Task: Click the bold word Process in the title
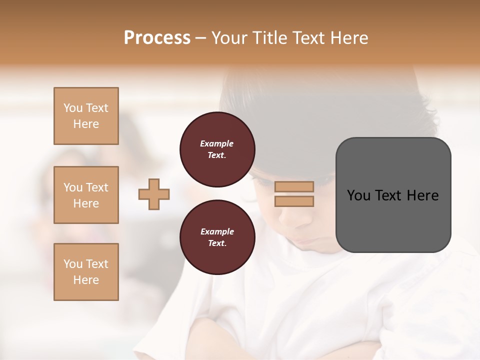(x=157, y=38)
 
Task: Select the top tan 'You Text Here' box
(x=86, y=116)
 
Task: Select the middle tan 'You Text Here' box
(x=86, y=195)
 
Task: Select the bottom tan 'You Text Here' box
(x=86, y=272)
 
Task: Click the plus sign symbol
(x=154, y=194)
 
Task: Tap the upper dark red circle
(x=217, y=149)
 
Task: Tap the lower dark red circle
(x=217, y=237)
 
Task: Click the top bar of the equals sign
(x=294, y=186)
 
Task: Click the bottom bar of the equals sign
(x=294, y=201)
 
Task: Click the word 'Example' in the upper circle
(x=217, y=143)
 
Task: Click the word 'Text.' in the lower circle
(x=217, y=243)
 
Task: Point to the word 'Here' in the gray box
(x=422, y=195)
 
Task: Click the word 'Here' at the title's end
(x=349, y=38)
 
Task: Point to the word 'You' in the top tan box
(x=73, y=108)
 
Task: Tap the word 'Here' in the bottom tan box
(x=86, y=280)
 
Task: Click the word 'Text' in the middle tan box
(x=97, y=187)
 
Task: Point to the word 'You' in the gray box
(x=358, y=195)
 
